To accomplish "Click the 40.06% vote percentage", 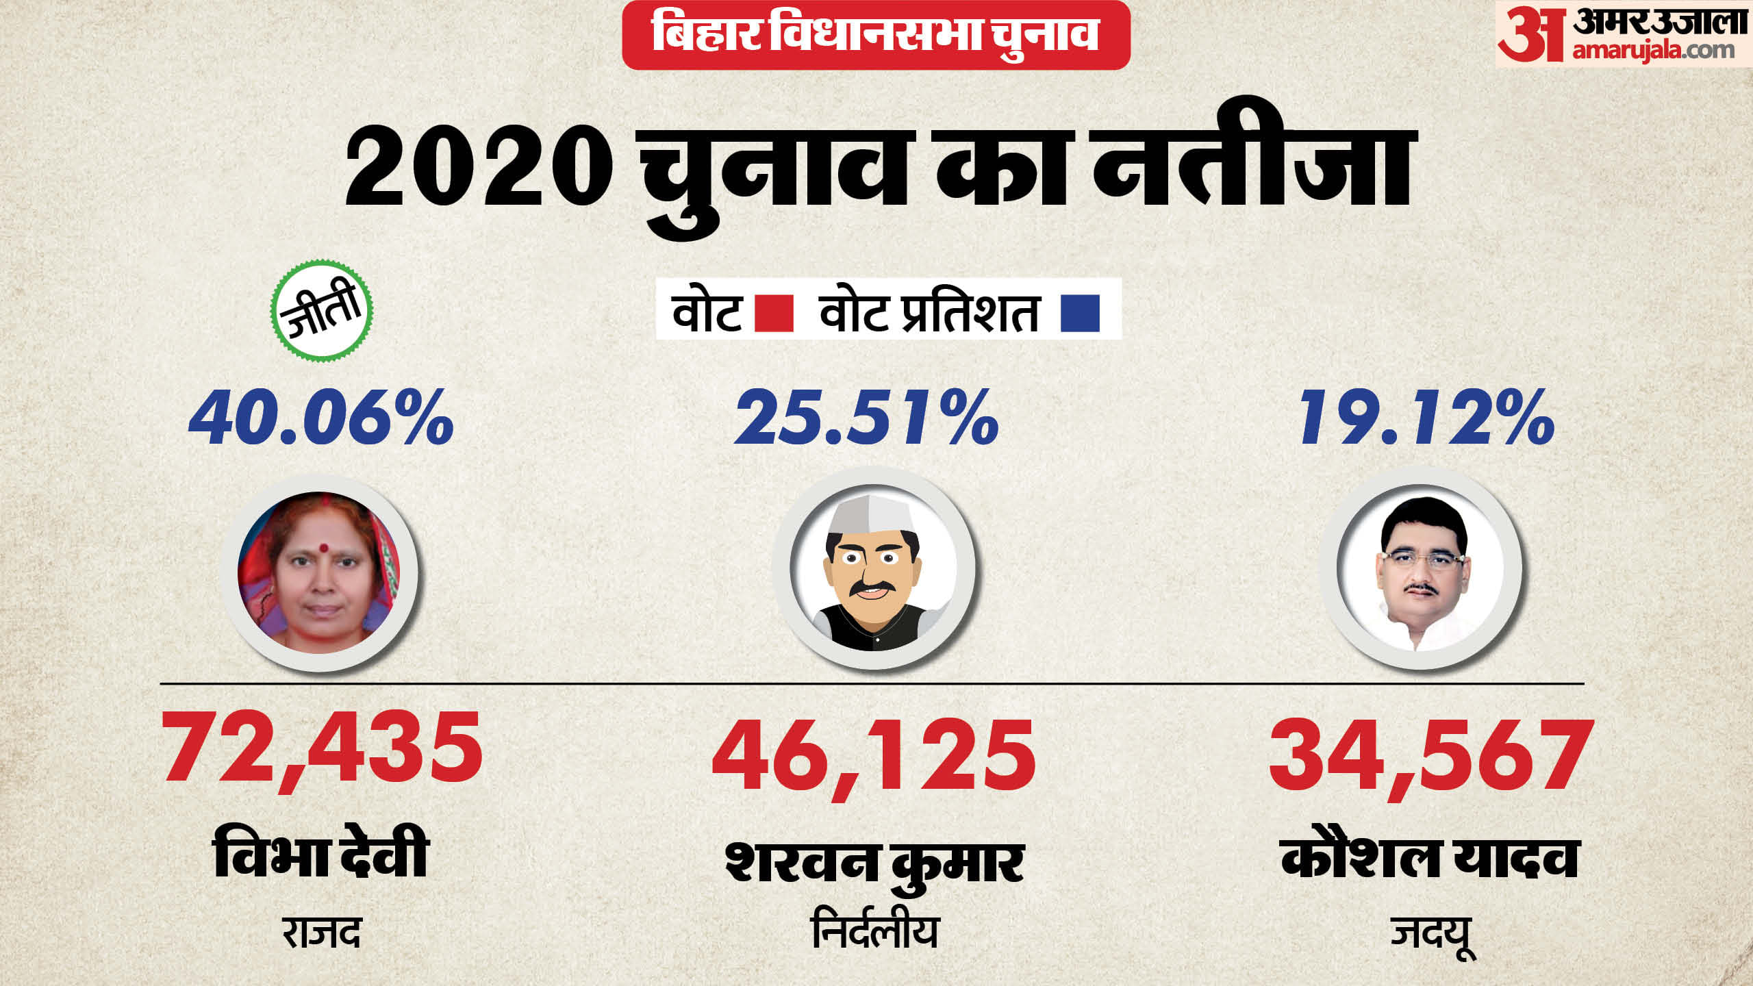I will tap(321, 418).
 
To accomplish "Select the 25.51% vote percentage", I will tap(867, 418).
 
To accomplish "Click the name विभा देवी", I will tap(321, 853).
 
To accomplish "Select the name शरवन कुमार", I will tap(874, 861).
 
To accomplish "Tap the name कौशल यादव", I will tap(1430, 856).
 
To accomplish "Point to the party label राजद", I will tap(321, 933).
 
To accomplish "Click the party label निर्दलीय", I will tap(874, 931).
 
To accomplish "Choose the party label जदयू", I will tap(1431, 934).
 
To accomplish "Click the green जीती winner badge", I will tap(321, 310).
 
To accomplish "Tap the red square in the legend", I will tap(774, 313).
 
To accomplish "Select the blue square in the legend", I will tap(1080, 313).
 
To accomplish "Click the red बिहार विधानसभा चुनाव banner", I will tap(876, 34).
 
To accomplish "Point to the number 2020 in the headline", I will tap(479, 168).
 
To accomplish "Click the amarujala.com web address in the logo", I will tap(1653, 51).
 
